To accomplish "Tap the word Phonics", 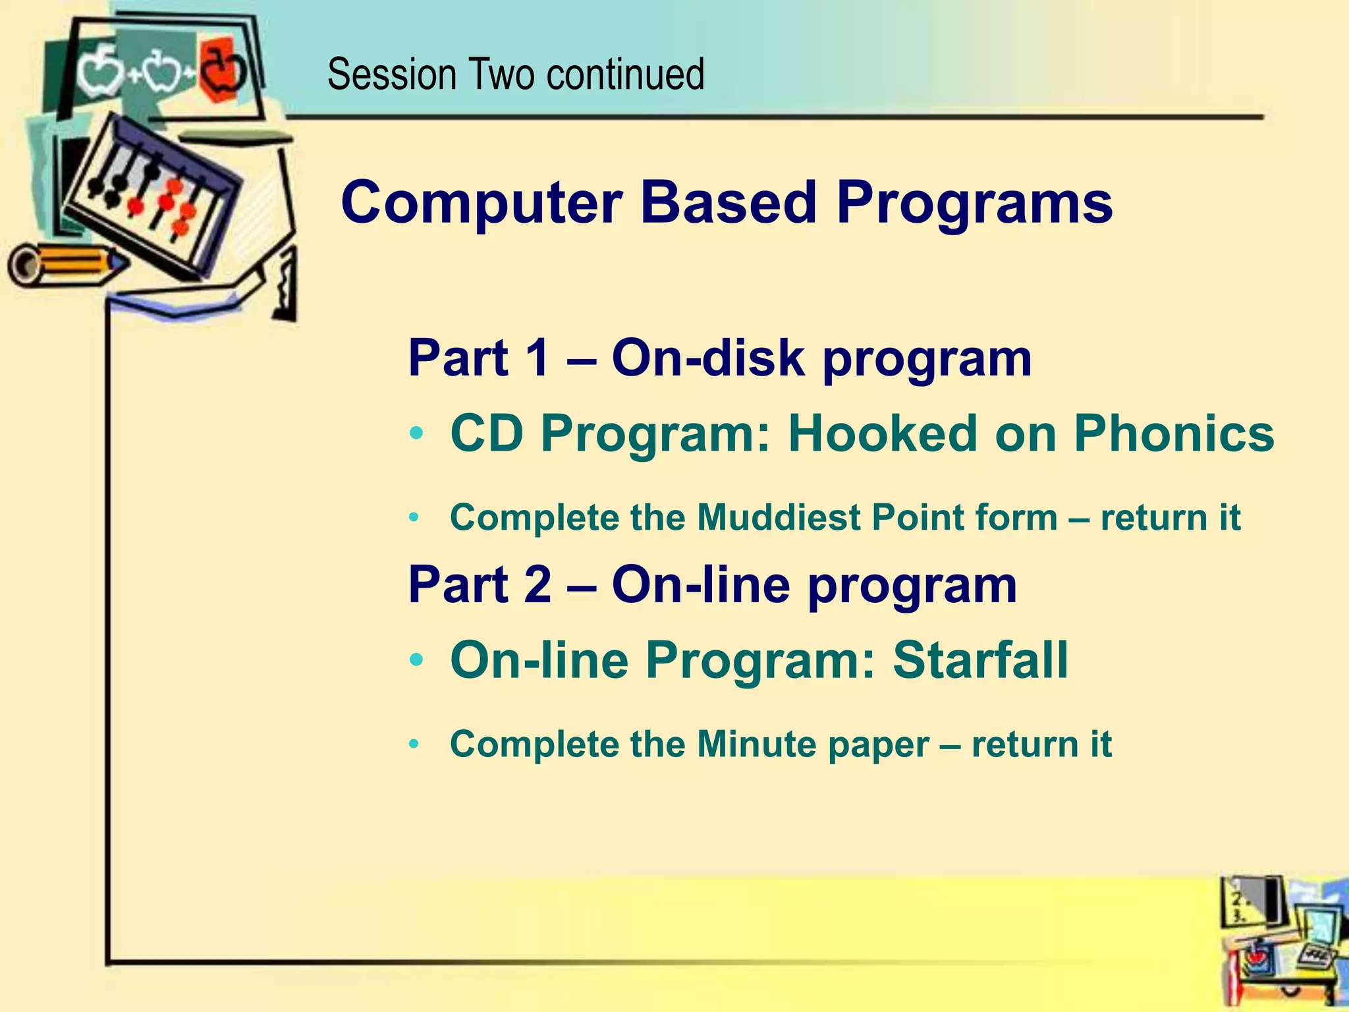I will [1174, 435].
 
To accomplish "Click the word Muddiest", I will [777, 517].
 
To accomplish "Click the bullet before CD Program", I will [415, 435].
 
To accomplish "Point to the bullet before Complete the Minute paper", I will [414, 745].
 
